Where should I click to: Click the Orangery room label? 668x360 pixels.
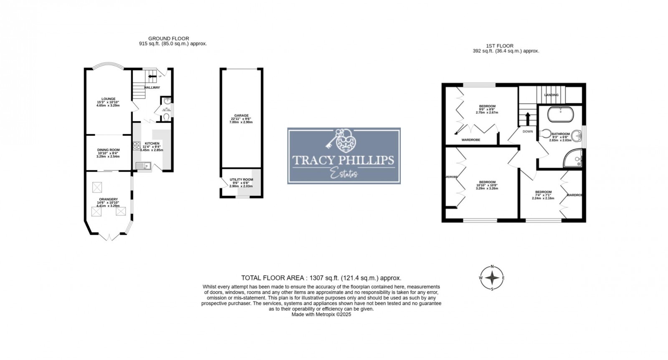point(108,199)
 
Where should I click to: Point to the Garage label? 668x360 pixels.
point(241,115)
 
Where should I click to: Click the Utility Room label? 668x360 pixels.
point(241,179)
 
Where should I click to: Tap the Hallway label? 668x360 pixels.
point(152,88)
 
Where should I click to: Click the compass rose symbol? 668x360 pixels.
point(493,278)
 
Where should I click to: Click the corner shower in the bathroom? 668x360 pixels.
point(574,159)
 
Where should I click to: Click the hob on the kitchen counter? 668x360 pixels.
point(137,146)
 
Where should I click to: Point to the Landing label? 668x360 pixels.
point(551,95)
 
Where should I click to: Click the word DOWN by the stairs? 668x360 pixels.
point(528,131)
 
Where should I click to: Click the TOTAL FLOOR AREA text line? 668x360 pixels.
point(321,278)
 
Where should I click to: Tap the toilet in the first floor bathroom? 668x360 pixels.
point(544,133)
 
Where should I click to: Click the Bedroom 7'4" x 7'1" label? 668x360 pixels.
point(543,192)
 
